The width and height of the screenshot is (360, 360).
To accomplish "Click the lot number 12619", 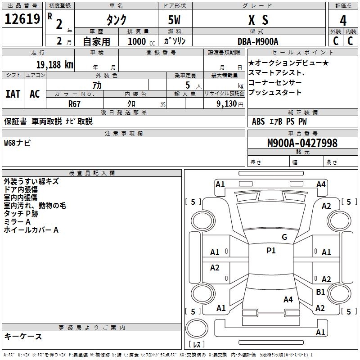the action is pos(22,19).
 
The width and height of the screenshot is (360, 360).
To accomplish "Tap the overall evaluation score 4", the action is pos(343,21).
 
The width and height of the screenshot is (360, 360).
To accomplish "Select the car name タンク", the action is pos(116,20).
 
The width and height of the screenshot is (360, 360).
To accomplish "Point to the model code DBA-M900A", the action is pos(258,41).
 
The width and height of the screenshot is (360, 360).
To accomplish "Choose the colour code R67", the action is pos(74,103).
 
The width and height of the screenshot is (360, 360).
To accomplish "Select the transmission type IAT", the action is pos(13,94).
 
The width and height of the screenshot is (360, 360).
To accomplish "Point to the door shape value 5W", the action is pos(175,21).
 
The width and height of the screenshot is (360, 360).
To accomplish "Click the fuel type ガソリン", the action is pos(175,41).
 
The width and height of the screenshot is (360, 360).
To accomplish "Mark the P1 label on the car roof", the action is pos(271,251).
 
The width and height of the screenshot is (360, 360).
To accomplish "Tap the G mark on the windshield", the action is pos(284,237).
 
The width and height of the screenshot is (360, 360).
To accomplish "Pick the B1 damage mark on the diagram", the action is pos(320,292).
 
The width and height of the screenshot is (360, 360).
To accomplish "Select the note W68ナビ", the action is pos(17,144).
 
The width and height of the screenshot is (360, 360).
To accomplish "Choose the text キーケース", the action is pos(23,336).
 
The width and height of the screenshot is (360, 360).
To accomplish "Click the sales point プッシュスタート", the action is pos(274,92).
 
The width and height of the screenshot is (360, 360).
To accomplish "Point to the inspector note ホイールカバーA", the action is pos(31,230).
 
